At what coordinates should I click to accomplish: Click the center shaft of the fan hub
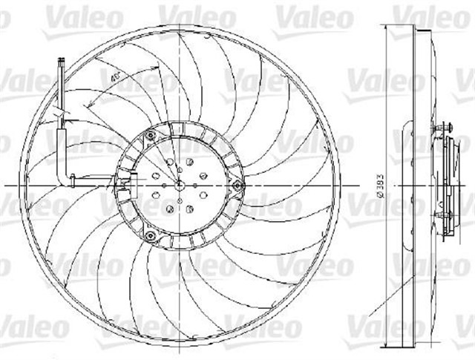tap(180, 184)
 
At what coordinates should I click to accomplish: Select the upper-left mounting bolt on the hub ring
tap(150, 134)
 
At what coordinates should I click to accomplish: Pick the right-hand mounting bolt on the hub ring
tap(237, 185)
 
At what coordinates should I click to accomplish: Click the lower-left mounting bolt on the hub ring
tap(150, 236)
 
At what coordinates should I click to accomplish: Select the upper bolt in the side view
tap(443, 133)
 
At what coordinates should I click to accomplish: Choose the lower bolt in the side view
tap(443, 216)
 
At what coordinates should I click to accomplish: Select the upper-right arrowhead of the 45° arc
tap(158, 68)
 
